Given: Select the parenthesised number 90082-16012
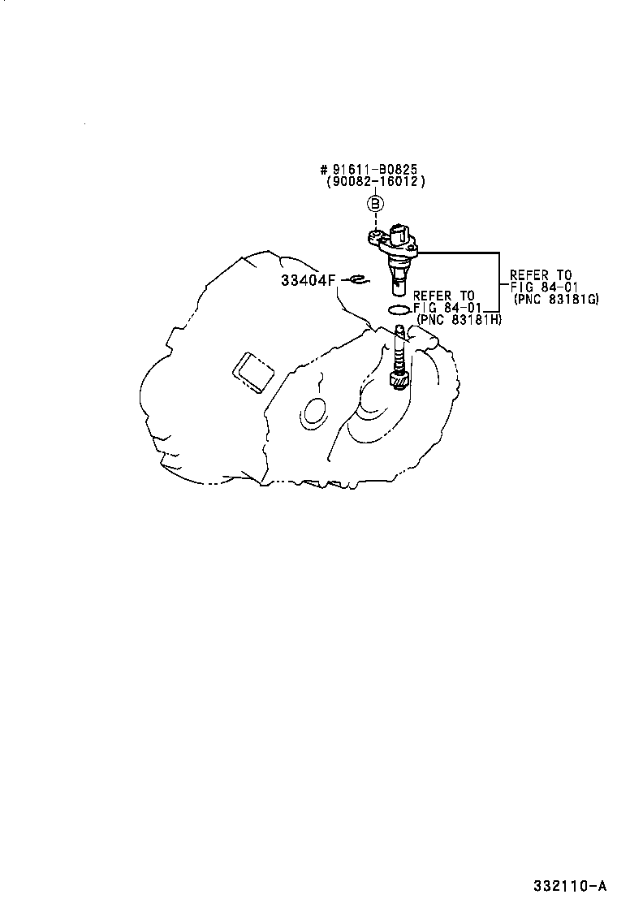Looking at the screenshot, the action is coord(375,181).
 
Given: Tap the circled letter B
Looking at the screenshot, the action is coord(375,203).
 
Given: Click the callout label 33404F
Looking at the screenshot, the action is coord(308,280).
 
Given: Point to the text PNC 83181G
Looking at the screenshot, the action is coord(556,299).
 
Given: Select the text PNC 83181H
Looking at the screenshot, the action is coord(459,320).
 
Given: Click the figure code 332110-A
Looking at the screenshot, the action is coord(569,885).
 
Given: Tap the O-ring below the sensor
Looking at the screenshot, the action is coord(399,310).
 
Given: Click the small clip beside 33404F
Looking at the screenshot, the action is coord(359,280).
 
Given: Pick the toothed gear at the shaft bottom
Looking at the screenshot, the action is coord(399,380).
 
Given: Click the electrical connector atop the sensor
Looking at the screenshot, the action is coord(400,233).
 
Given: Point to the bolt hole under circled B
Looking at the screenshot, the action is coord(374,235).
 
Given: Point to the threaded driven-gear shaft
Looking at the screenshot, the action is coord(399,349).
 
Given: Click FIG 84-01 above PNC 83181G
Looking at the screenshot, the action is coord(544,287).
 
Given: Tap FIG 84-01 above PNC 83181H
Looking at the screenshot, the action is coord(447,308).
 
